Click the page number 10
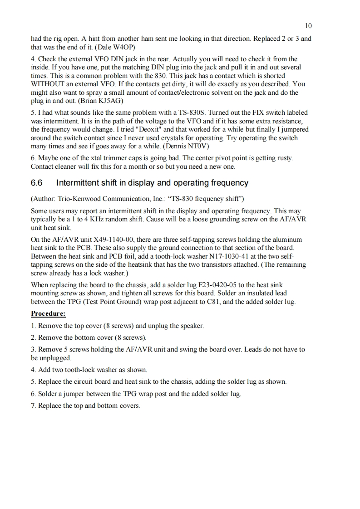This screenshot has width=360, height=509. (x=308, y=26)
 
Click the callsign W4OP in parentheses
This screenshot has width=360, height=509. (x=122, y=47)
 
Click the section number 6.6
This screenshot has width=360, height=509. (x=36, y=183)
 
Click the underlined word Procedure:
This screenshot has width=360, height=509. (x=48, y=313)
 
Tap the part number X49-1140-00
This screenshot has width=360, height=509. (x=112, y=240)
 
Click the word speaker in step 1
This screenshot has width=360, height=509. (x=193, y=326)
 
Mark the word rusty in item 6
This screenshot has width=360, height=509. (x=283, y=158)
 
